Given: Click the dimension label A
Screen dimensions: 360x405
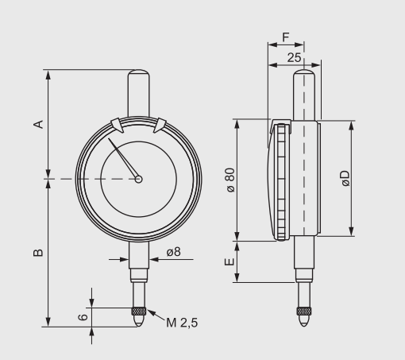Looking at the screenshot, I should (37, 124).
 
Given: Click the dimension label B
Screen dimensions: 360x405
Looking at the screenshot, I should (37, 253).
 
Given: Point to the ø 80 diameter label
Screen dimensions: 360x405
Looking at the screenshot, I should (229, 180).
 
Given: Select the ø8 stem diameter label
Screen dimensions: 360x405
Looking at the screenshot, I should (174, 252).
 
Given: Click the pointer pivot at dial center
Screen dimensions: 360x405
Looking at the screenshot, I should (139, 180).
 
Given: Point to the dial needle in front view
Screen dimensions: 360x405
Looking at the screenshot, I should (124, 160).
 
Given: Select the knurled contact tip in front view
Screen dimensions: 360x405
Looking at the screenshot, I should (139, 311).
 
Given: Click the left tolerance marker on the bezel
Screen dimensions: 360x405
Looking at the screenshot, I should (117, 125).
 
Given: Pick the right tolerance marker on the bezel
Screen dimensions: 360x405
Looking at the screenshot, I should (160, 125).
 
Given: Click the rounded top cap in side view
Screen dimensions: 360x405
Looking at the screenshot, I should (304, 78).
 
